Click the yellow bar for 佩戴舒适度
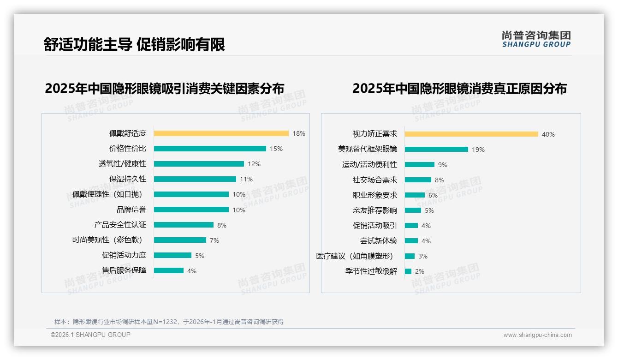click(221, 133)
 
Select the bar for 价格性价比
click(210, 149)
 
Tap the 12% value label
click(254, 164)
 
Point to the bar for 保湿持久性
click(195, 179)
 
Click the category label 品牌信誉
click(131, 210)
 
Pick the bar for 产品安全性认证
click(184, 225)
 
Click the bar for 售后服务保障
click(168, 270)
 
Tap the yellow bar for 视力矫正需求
click(471, 134)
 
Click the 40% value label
click(548, 134)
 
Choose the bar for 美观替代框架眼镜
click(436, 150)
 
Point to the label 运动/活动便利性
click(369, 165)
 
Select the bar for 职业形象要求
click(415, 195)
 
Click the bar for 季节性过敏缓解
click(408, 271)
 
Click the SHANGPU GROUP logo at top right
click(536, 39)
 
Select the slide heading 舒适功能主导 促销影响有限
click(134, 45)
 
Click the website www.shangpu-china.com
click(537, 335)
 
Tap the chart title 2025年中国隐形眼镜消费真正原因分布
click(459, 88)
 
